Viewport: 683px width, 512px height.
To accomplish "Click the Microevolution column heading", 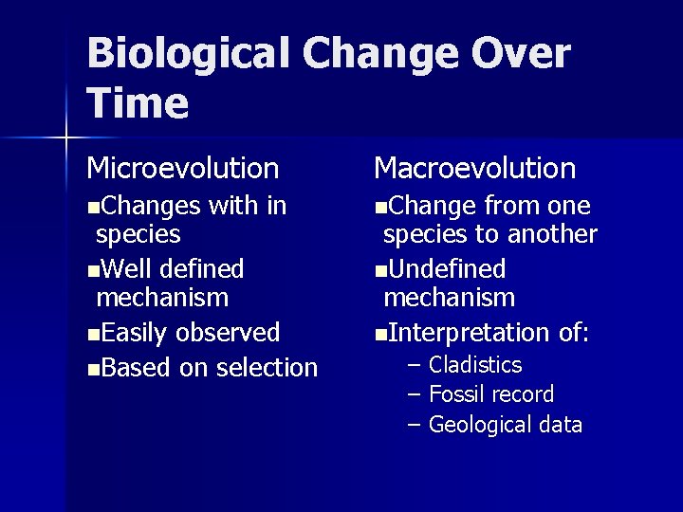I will [x=183, y=169].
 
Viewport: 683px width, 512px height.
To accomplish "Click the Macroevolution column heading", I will [x=474, y=169].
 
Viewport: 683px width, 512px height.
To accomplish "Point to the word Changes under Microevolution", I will [x=150, y=206].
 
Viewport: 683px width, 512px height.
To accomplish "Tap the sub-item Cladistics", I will [x=475, y=365].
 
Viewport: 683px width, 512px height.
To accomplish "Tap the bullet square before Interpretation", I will [x=379, y=335].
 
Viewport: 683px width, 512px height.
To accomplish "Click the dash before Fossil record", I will [x=414, y=394].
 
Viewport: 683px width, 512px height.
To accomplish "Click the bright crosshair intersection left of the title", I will [x=65, y=138].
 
